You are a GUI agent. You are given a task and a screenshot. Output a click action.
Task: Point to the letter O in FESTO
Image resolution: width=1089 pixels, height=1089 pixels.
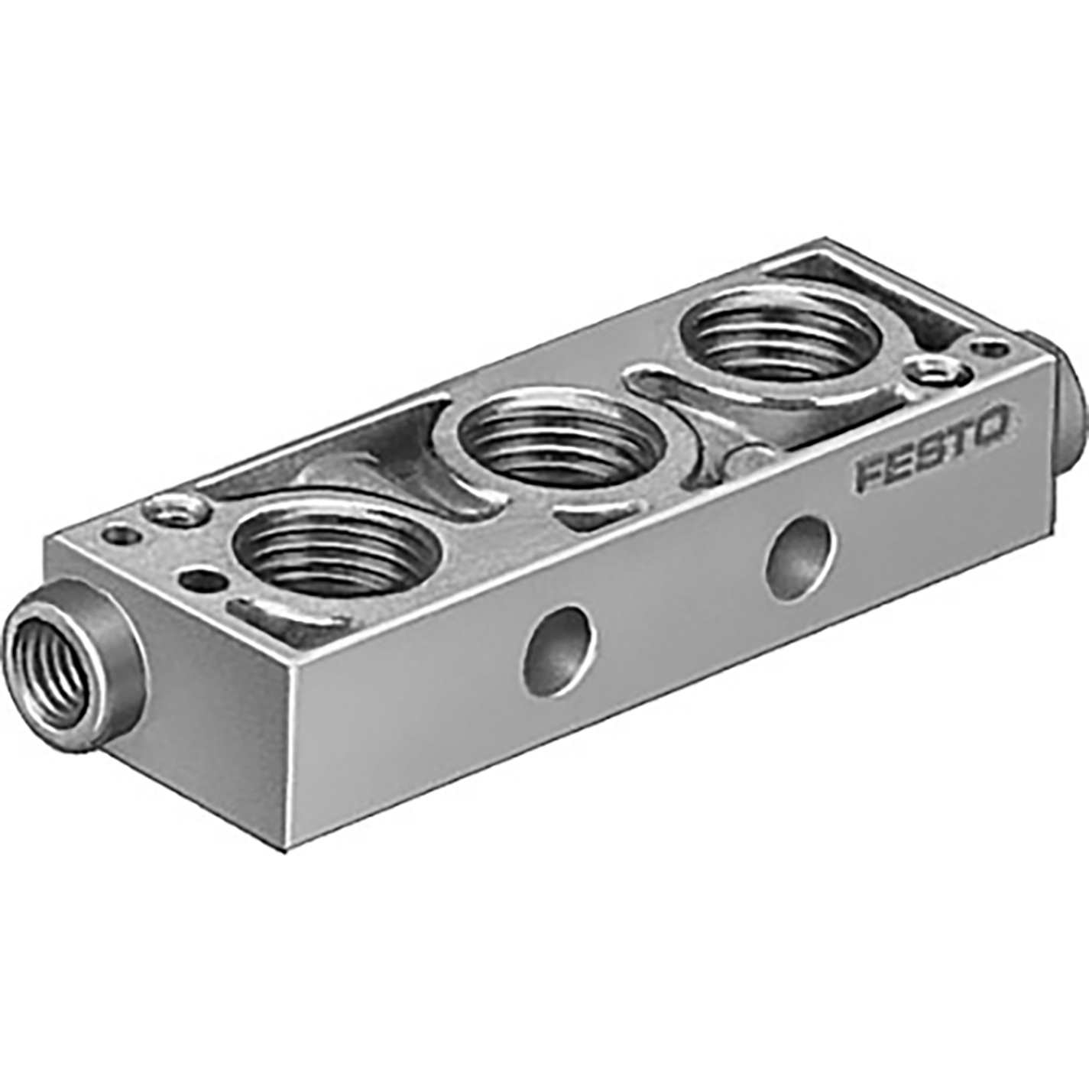tap(996, 426)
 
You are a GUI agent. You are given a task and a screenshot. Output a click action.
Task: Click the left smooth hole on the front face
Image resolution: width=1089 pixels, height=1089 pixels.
tap(559, 650)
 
